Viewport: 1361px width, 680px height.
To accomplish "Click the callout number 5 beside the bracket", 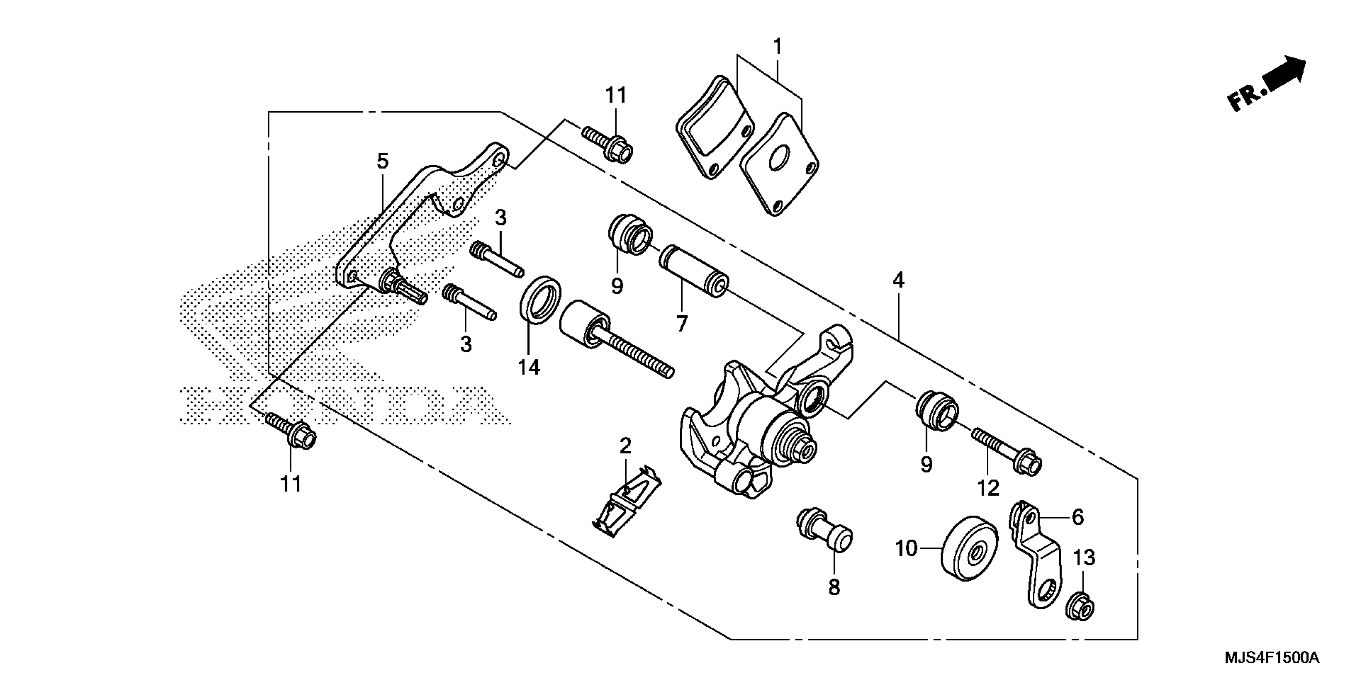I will coord(383,162).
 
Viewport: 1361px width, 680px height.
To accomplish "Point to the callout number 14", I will coord(529,366).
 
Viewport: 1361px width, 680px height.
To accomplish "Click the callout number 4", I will coord(898,280).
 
